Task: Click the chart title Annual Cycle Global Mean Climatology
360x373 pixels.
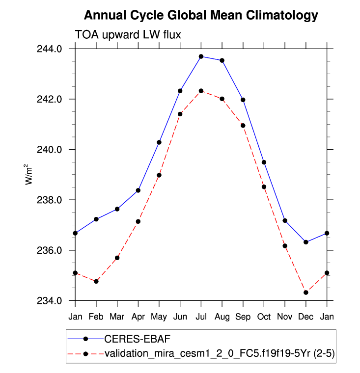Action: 201,15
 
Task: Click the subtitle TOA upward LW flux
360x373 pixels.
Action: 129,35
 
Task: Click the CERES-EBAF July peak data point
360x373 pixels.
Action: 201,56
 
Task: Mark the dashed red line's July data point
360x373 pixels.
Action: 201,91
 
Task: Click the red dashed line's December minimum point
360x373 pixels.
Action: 306,293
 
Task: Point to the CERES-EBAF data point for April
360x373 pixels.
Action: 138,190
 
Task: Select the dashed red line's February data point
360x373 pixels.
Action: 96,281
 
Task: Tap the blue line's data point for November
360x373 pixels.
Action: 285,221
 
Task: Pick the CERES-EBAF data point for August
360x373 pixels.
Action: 222,60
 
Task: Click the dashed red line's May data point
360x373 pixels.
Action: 159,175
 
